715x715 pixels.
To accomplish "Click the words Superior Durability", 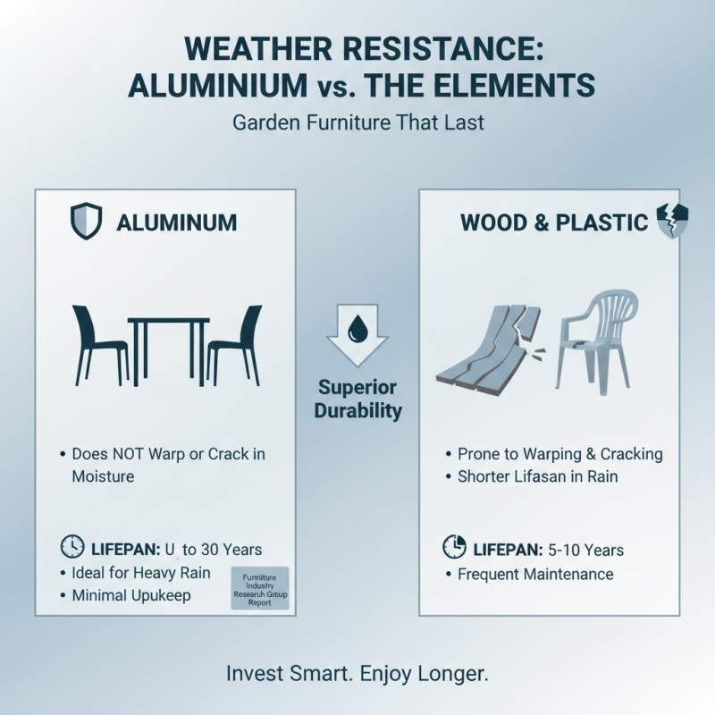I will (357, 400).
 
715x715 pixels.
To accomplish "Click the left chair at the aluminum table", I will (98, 344).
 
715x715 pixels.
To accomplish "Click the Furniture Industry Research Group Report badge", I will (260, 587).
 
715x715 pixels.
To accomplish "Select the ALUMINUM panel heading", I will (177, 223).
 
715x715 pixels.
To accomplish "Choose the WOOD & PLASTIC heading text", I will (554, 223).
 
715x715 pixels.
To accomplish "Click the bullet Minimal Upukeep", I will (131, 595).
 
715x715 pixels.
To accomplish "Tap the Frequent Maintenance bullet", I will (535, 574).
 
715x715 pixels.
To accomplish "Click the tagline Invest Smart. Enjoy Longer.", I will (357, 673).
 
